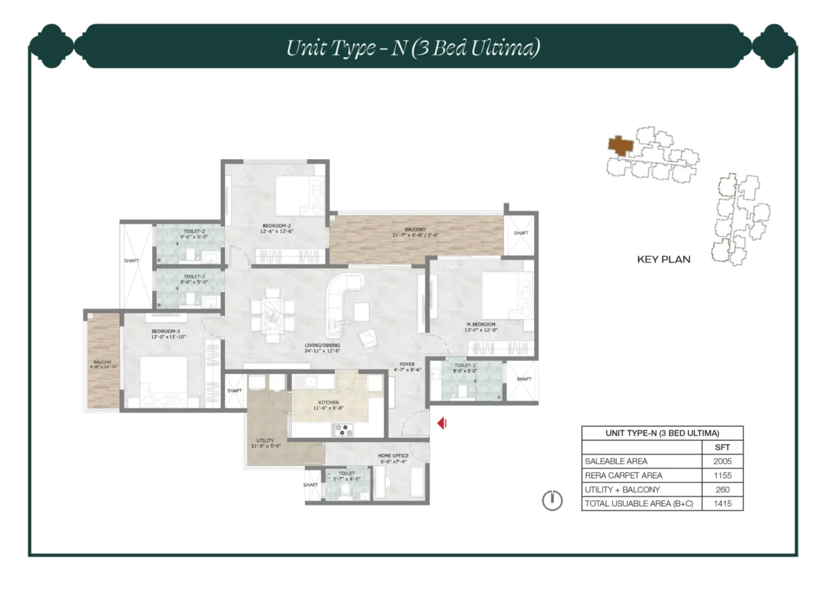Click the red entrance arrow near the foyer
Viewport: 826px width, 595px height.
(x=442, y=424)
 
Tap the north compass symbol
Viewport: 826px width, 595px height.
(x=552, y=501)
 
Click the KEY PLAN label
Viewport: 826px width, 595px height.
(x=664, y=260)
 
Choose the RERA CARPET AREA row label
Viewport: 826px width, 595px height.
(x=623, y=475)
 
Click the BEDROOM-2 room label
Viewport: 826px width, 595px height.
(x=277, y=226)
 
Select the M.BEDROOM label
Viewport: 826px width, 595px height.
(x=480, y=324)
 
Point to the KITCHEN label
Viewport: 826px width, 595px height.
(x=328, y=401)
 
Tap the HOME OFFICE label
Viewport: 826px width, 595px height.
(x=393, y=456)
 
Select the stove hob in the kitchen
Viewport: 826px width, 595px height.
(x=341, y=431)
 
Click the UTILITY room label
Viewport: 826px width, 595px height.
(x=265, y=441)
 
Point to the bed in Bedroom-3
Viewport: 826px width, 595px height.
(x=164, y=380)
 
